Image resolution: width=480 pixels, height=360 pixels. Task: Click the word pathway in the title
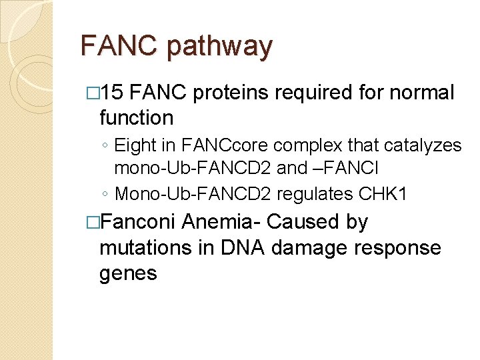220,46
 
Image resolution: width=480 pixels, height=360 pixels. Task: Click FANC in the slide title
120,46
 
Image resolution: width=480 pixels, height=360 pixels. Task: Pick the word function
136,118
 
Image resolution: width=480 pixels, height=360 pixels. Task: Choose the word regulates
317,193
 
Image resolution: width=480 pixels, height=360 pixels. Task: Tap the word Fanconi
141,221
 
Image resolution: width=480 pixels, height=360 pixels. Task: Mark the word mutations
147,247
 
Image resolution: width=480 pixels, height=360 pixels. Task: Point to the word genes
128,273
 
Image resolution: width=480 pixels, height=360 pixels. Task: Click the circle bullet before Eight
106,145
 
